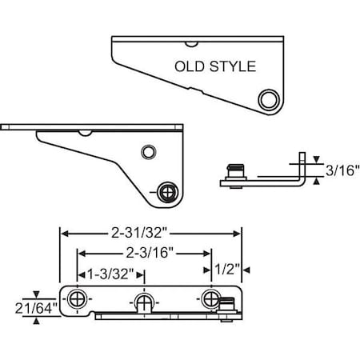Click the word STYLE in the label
pos(233,67)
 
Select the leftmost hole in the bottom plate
pos(77,298)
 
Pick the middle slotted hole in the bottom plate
pos(142,301)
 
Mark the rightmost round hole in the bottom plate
pos(210,298)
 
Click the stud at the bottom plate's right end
pos(227,303)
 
